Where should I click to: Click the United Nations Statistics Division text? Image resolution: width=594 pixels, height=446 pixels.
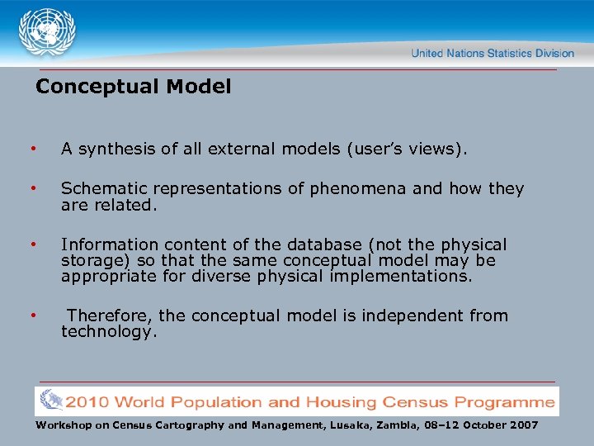[x=493, y=53]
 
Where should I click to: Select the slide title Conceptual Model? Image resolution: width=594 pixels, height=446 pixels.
[x=134, y=86]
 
